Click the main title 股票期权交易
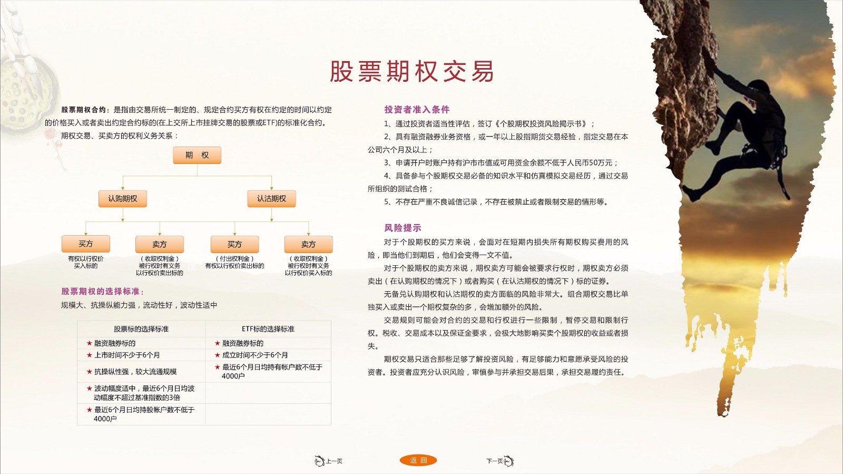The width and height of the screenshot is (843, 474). tap(411, 71)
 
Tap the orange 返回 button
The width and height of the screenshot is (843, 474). tap(418, 460)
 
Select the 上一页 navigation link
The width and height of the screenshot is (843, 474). tap(329, 461)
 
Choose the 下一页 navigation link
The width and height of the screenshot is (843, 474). tap(500, 461)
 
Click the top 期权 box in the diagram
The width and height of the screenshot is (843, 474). tap(197, 155)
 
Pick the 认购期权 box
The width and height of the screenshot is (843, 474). tap(123, 199)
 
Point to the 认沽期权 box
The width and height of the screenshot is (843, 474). tap(271, 199)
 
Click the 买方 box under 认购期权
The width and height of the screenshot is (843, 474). tap(86, 244)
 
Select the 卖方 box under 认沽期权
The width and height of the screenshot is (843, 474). tap(308, 244)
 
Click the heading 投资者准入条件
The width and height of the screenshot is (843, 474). tap(417, 110)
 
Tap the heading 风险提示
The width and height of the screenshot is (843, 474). tap(403, 228)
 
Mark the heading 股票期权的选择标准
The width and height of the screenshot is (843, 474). tap(102, 292)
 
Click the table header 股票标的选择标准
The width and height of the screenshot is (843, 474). tap(141, 329)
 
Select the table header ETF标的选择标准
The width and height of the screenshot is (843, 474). tap(268, 329)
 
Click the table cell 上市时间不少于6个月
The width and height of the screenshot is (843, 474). tap(127, 355)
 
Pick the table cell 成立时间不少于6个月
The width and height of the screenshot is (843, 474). tap(255, 355)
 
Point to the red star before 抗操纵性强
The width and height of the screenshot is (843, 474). tap(89, 372)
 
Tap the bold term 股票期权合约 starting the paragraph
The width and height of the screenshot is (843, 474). tap(84, 110)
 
